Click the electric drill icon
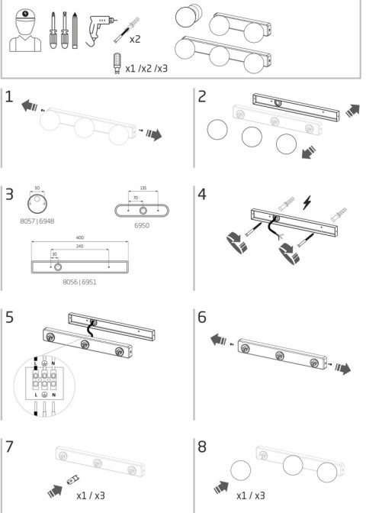pyautogui.click(x=100, y=30)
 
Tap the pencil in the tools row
pyautogui.click(x=75, y=31)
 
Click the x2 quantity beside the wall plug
pyautogui.click(x=135, y=39)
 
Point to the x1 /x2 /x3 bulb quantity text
pyautogui.click(x=146, y=69)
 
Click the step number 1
pyautogui.click(x=9, y=96)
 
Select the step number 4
pyautogui.click(x=202, y=195)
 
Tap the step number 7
pyautogui.click(x=9, y=447)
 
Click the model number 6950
pyautogui.click(x=142, y=225)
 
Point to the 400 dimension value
pyautogui.click(x=80, y=237)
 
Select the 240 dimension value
pyautogui.click(x=80, y=246)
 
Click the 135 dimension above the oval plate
pyautogui.click(x=143, y=188)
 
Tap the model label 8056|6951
pyautogui.click(x=80, y=282)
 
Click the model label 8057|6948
pyautogui.click(x=37, y=221)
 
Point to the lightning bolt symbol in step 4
pyautogui.click(x=307, y=202)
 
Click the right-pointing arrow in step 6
pyautogui.click(x=343, y=368)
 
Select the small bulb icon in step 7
pyautogui.click(x=73, y=480)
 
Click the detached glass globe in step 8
pyautogui.click(x=240, y=470)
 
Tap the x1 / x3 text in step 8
pyautogui.click(x=251, y=495)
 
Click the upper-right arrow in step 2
pyautogui.click(x=352, y=111)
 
